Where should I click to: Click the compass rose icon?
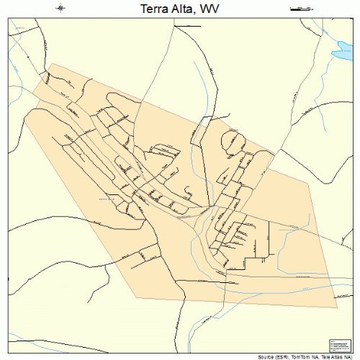[x=60, y=8]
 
